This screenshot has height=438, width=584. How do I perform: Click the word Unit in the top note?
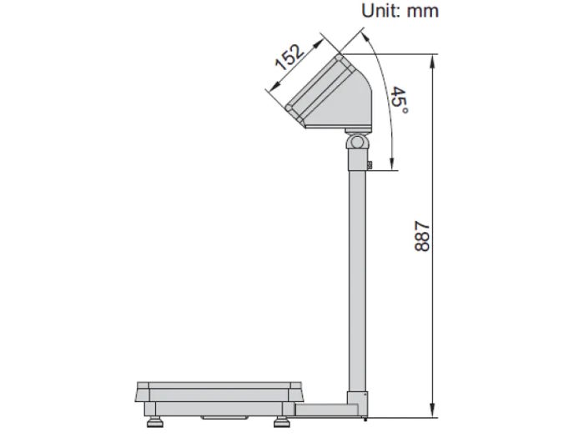coord(380,11)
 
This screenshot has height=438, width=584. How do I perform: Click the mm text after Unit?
coord(422,11)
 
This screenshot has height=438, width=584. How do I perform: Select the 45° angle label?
coord(400,101)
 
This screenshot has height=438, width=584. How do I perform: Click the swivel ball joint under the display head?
coord(357,142)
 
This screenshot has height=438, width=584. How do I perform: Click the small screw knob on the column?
coord(369,166)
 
